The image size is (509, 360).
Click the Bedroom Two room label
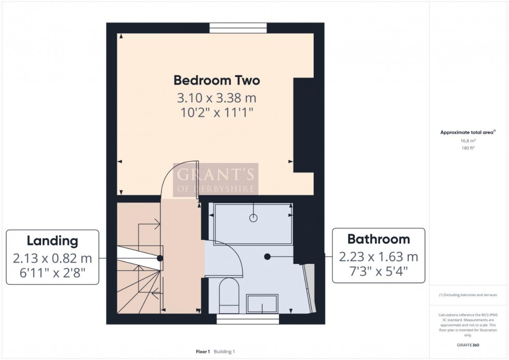217,81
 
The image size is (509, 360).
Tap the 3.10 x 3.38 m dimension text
217,98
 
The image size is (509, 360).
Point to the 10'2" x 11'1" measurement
217,113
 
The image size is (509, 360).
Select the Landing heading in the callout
52,241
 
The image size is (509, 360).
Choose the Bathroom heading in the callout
378,239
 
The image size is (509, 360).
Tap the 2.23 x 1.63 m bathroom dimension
378,257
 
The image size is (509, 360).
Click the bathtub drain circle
253,218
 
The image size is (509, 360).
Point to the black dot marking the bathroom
267,256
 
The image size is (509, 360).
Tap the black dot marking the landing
160,258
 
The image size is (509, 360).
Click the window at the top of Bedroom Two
238,28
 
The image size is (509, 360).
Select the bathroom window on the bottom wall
247,318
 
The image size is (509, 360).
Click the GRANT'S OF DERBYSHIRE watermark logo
216,179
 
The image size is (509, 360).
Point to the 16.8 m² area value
468,140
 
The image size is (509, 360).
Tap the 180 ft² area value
468,148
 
